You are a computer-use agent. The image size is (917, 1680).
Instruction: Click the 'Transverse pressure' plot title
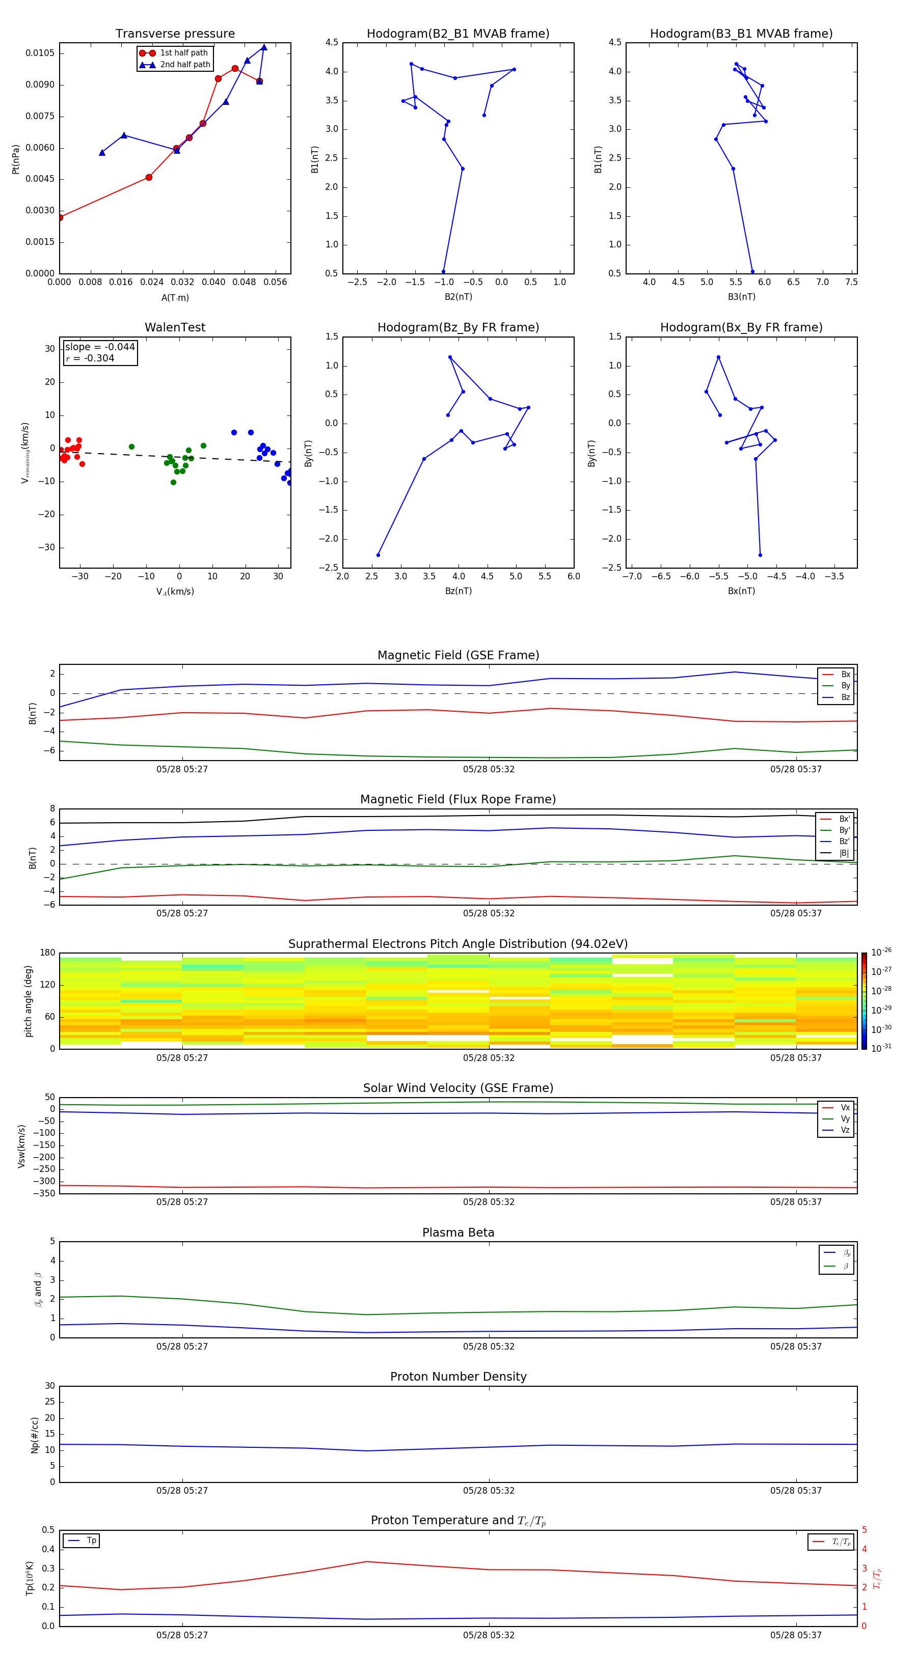[175, 34]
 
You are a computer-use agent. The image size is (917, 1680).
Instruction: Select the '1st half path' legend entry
[183, 53]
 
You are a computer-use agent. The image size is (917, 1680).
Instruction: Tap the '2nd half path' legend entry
[185, 65]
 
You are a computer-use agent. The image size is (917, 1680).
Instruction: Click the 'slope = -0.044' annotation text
[100, 347]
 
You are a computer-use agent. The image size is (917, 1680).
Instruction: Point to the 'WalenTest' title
[175, 327]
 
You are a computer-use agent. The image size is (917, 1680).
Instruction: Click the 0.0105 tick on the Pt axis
[40, 53]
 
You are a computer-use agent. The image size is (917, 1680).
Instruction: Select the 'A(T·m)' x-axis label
[175, 297]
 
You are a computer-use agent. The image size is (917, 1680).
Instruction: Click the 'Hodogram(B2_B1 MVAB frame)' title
[457, 34]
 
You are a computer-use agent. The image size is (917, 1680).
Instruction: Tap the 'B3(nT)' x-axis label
[741, 297]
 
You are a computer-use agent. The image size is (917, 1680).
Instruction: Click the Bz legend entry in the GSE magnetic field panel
[845, 697]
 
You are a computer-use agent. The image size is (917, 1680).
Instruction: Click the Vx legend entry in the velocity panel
[845, 1107]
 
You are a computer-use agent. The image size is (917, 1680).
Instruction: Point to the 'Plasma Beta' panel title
[458, 1233]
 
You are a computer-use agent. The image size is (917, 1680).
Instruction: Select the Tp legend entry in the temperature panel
[91, 1541]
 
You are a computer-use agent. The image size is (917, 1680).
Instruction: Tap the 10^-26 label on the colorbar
[881, 952]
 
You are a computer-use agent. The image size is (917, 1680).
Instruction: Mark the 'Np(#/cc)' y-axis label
[35, 1435]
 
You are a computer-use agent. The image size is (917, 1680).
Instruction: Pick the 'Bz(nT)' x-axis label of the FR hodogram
[458, 591]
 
